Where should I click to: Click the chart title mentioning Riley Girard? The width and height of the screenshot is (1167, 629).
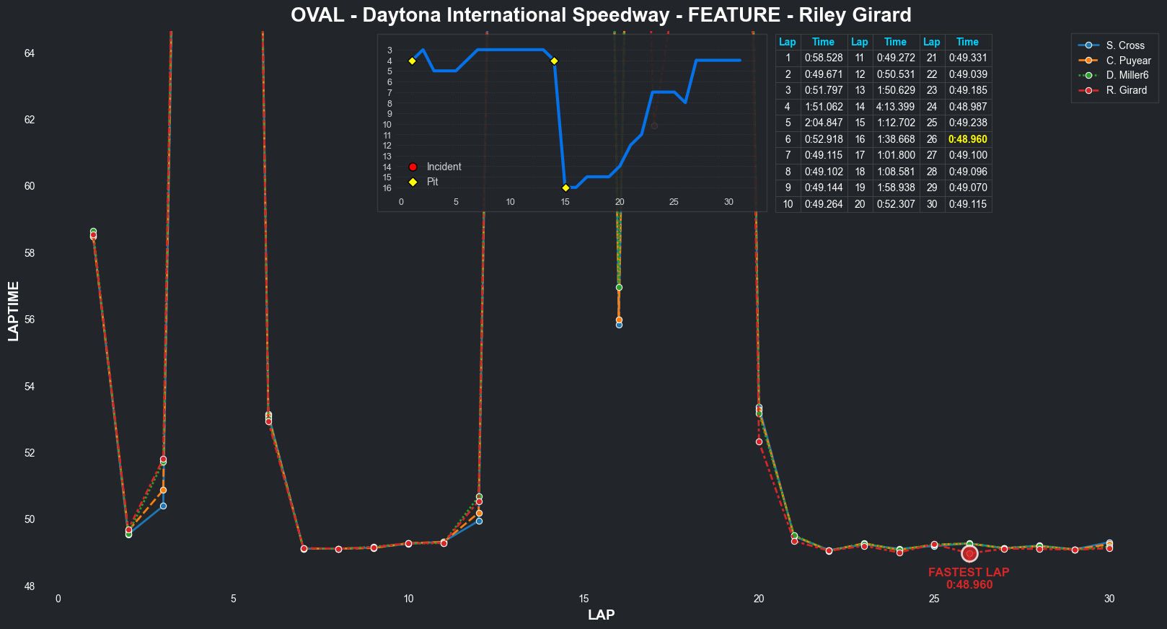[x=601, y=15]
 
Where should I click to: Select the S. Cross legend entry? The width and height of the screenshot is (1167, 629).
[x=1125, y=45]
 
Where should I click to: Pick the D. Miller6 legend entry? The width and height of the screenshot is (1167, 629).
[x=1127, y=75]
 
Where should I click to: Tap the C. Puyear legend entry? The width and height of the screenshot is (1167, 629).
[x=1128, y=61]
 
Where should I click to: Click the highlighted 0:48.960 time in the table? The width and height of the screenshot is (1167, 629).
[x=967, y=139]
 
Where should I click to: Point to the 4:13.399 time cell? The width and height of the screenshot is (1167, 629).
[x=895, y=107]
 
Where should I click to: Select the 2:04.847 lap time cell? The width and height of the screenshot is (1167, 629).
[x=823, y=123]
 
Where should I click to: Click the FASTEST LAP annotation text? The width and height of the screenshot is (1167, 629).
[x=969, y=572]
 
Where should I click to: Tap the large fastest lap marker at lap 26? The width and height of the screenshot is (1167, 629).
[x=969, y=553]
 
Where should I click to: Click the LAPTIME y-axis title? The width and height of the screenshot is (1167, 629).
[x=14, y=311]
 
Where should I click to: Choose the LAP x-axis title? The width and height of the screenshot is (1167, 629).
[x=601, y=615]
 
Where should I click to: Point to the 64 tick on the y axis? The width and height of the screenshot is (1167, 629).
[x=30, y=53]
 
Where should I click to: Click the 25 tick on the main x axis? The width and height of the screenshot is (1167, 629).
[x=934, y=599]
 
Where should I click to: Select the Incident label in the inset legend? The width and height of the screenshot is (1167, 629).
[x=444, y=167]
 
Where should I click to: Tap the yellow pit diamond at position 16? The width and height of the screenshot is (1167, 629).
[x=565, y=188]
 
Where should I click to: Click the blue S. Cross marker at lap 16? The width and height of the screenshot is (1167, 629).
[x=619, y=325]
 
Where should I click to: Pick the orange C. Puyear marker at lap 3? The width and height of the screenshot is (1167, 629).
[x=163, y=491]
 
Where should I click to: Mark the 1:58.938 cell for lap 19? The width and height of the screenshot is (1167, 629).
[x=895, y=188]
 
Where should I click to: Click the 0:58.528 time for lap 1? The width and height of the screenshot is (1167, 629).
[x=823, y=58]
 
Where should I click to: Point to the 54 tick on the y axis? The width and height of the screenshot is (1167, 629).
[x=30, y=387]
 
